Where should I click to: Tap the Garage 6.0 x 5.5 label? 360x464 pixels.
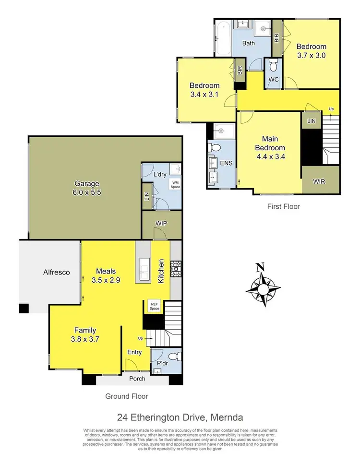[x=87, y=188]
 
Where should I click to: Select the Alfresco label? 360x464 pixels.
[x=56, y=272]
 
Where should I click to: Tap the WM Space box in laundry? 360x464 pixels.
[x=174, y=184]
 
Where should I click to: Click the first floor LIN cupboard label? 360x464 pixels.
[x=312, y=121]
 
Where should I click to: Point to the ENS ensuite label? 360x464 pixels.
[x=226, y=163]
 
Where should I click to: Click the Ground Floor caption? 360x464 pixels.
[x=127, y=396]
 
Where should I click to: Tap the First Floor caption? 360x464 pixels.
[x=283, y=206]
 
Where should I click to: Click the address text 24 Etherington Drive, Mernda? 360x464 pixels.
[x=180, y=417]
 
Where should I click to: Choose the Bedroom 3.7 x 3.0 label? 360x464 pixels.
[x=311, y=51]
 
